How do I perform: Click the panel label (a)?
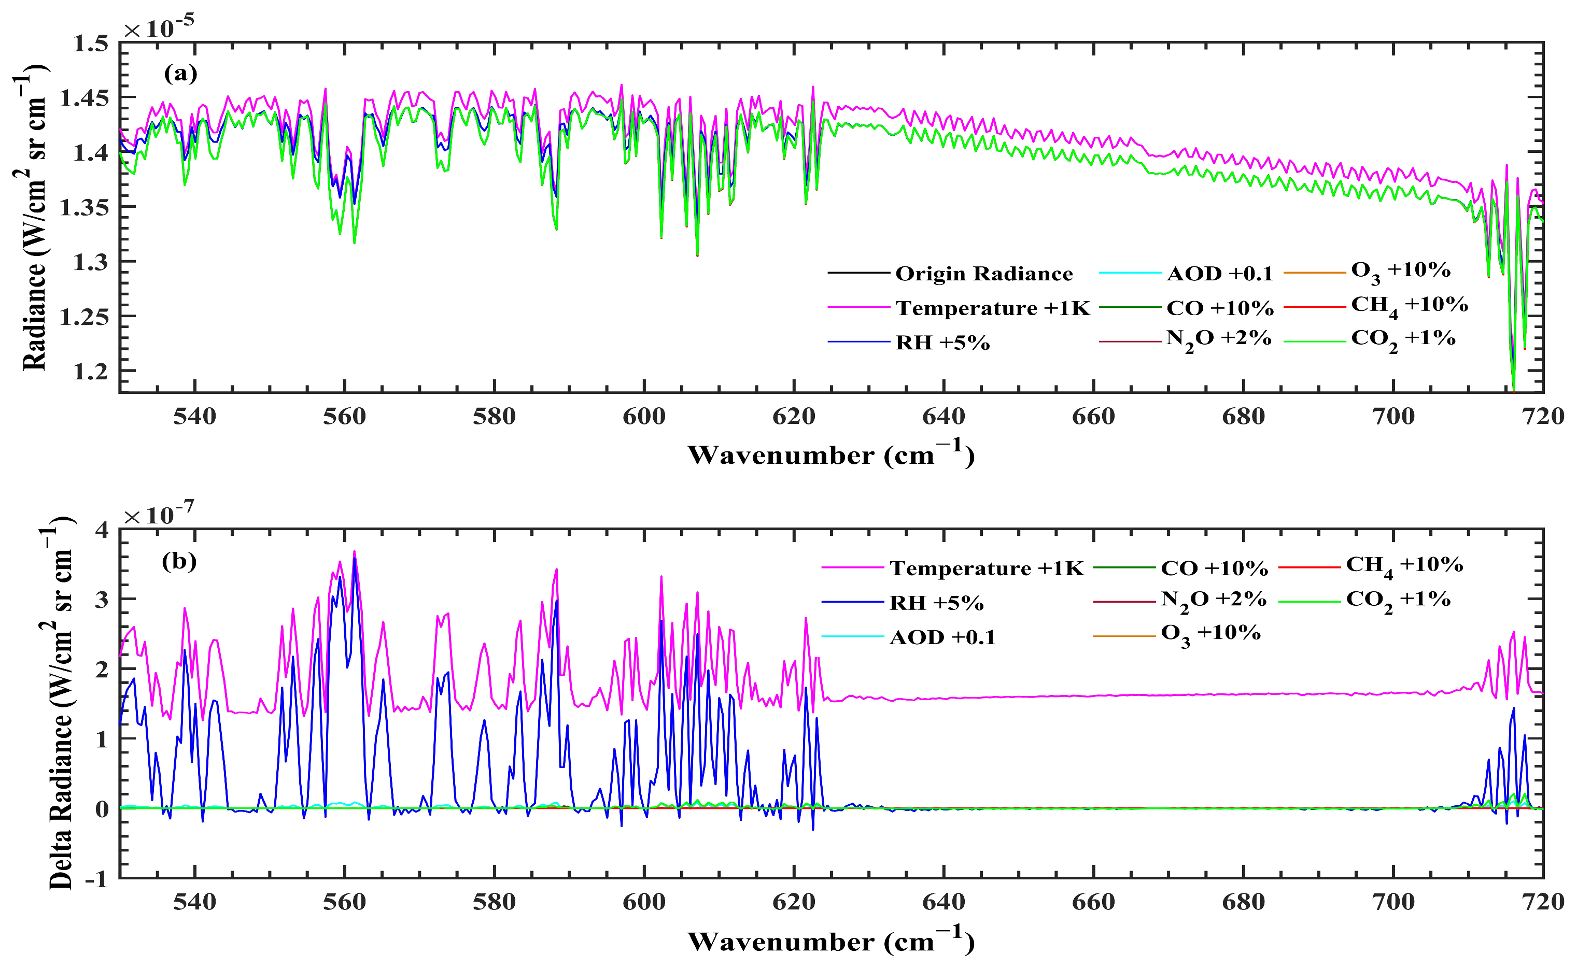click(x=180, y=74)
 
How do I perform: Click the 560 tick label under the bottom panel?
click(x=344, y=902)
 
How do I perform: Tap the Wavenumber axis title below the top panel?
click(x=831, y=454)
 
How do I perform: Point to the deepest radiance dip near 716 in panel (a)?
click(x=1514, y=387)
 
